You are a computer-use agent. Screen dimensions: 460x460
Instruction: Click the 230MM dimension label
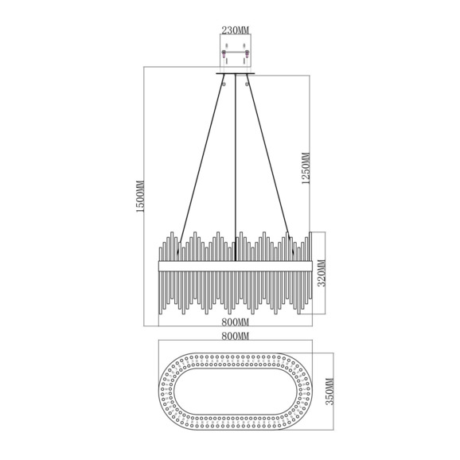235,30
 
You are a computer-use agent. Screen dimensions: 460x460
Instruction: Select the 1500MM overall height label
140,197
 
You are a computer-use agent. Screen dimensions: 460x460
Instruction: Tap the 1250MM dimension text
306,169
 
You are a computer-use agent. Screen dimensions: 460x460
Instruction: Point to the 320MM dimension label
322,273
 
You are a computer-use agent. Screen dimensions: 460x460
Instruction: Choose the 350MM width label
330,392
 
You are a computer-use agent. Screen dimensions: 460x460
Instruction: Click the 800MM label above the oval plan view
235,336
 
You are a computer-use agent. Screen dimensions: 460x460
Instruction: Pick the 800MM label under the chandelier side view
235,322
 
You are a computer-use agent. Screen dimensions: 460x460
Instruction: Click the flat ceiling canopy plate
236,73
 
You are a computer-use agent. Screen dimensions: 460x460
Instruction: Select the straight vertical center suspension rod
236,167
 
